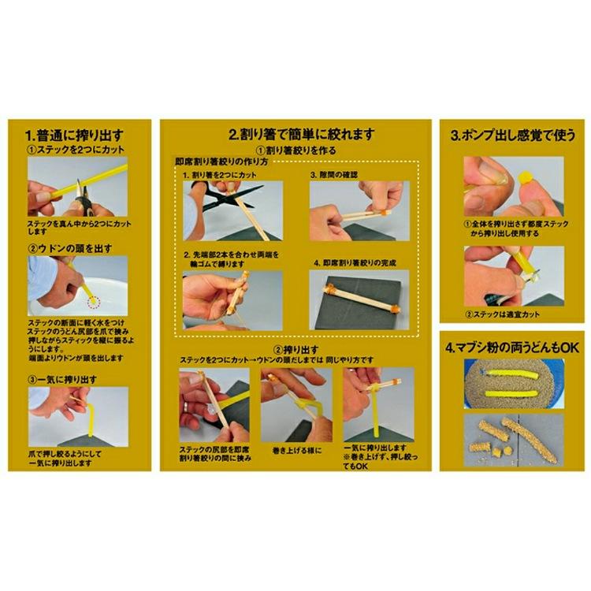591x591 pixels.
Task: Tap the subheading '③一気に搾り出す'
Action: point(63,378)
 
